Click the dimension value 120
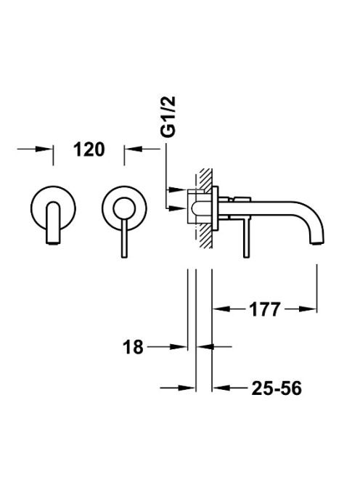[89, 150]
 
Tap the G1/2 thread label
[168, 116]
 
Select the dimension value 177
[264, 309]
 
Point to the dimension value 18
[133, 347]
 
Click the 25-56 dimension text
[277, 388]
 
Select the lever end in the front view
[124, 256]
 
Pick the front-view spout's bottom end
[54, 242]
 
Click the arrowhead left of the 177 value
[221, 309]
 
